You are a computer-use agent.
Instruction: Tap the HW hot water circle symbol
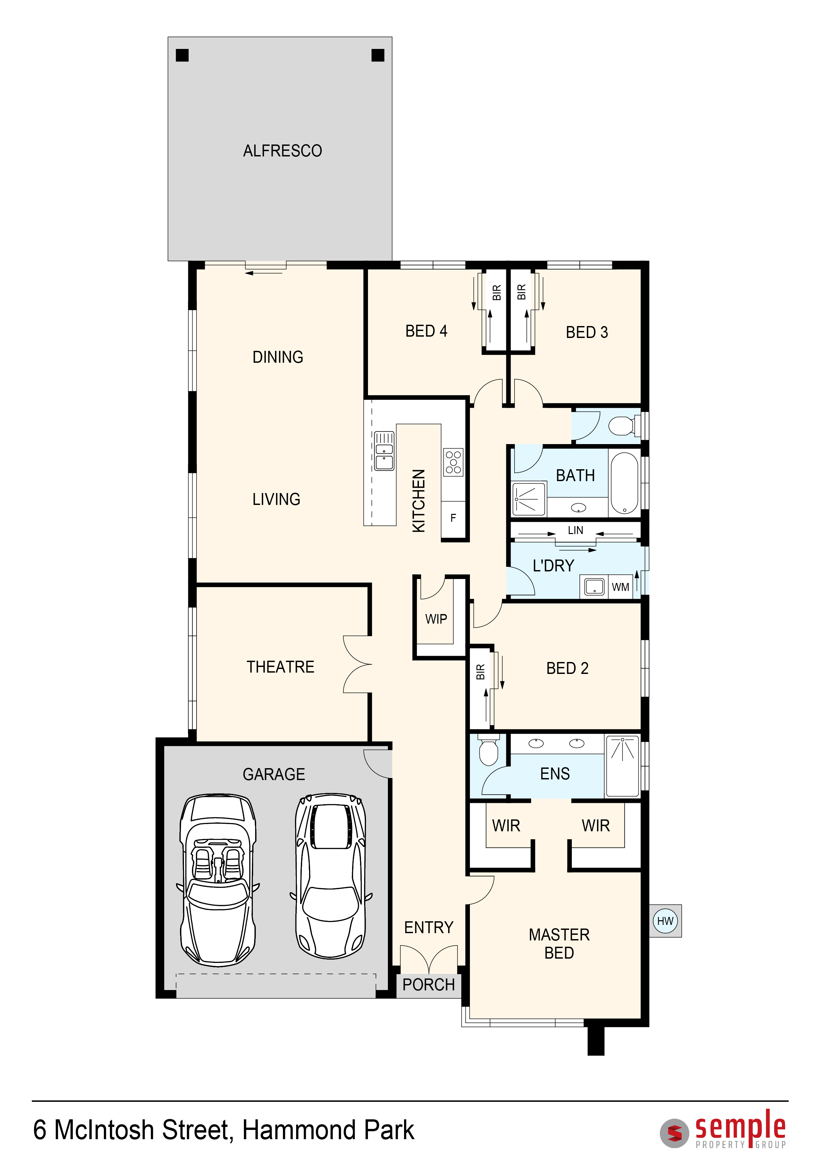click(665, 921)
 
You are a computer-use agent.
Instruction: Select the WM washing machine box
click(620, 587)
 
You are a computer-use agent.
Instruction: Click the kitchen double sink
click(384, 451)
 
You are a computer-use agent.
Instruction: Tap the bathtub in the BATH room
click(624, 483)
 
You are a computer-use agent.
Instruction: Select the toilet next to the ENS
click(488, 750)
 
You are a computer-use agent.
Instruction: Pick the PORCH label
click(429, 985)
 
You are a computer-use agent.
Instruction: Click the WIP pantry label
click(436, 619)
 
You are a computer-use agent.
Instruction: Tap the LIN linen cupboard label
click(575, 530)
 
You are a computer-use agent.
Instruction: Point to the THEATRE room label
click(281, 667)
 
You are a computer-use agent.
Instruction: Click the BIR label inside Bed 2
click(480, 672)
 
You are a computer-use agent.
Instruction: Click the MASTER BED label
click(559, 944)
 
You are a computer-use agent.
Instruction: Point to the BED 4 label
click(426, 331)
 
